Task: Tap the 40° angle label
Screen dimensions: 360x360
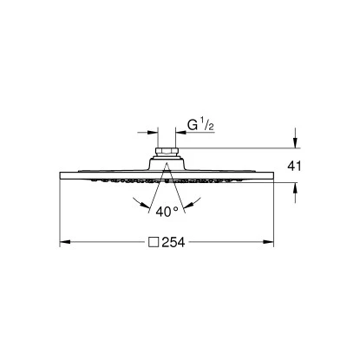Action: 167,209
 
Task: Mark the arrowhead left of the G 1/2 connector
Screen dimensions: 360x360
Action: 153,133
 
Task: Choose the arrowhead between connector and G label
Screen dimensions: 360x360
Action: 180,133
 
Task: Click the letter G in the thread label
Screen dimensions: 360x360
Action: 193,128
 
